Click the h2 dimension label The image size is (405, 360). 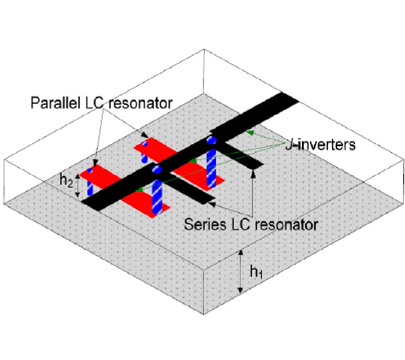[x=66, y=180]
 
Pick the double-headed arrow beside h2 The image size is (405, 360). [x=78, y=186]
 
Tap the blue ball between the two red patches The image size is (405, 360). [x=157, y=170]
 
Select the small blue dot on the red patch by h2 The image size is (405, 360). [x=90, y=170]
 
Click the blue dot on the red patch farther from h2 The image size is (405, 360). [x=145, y=144]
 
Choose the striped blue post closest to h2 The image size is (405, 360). [x=90, y=185]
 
